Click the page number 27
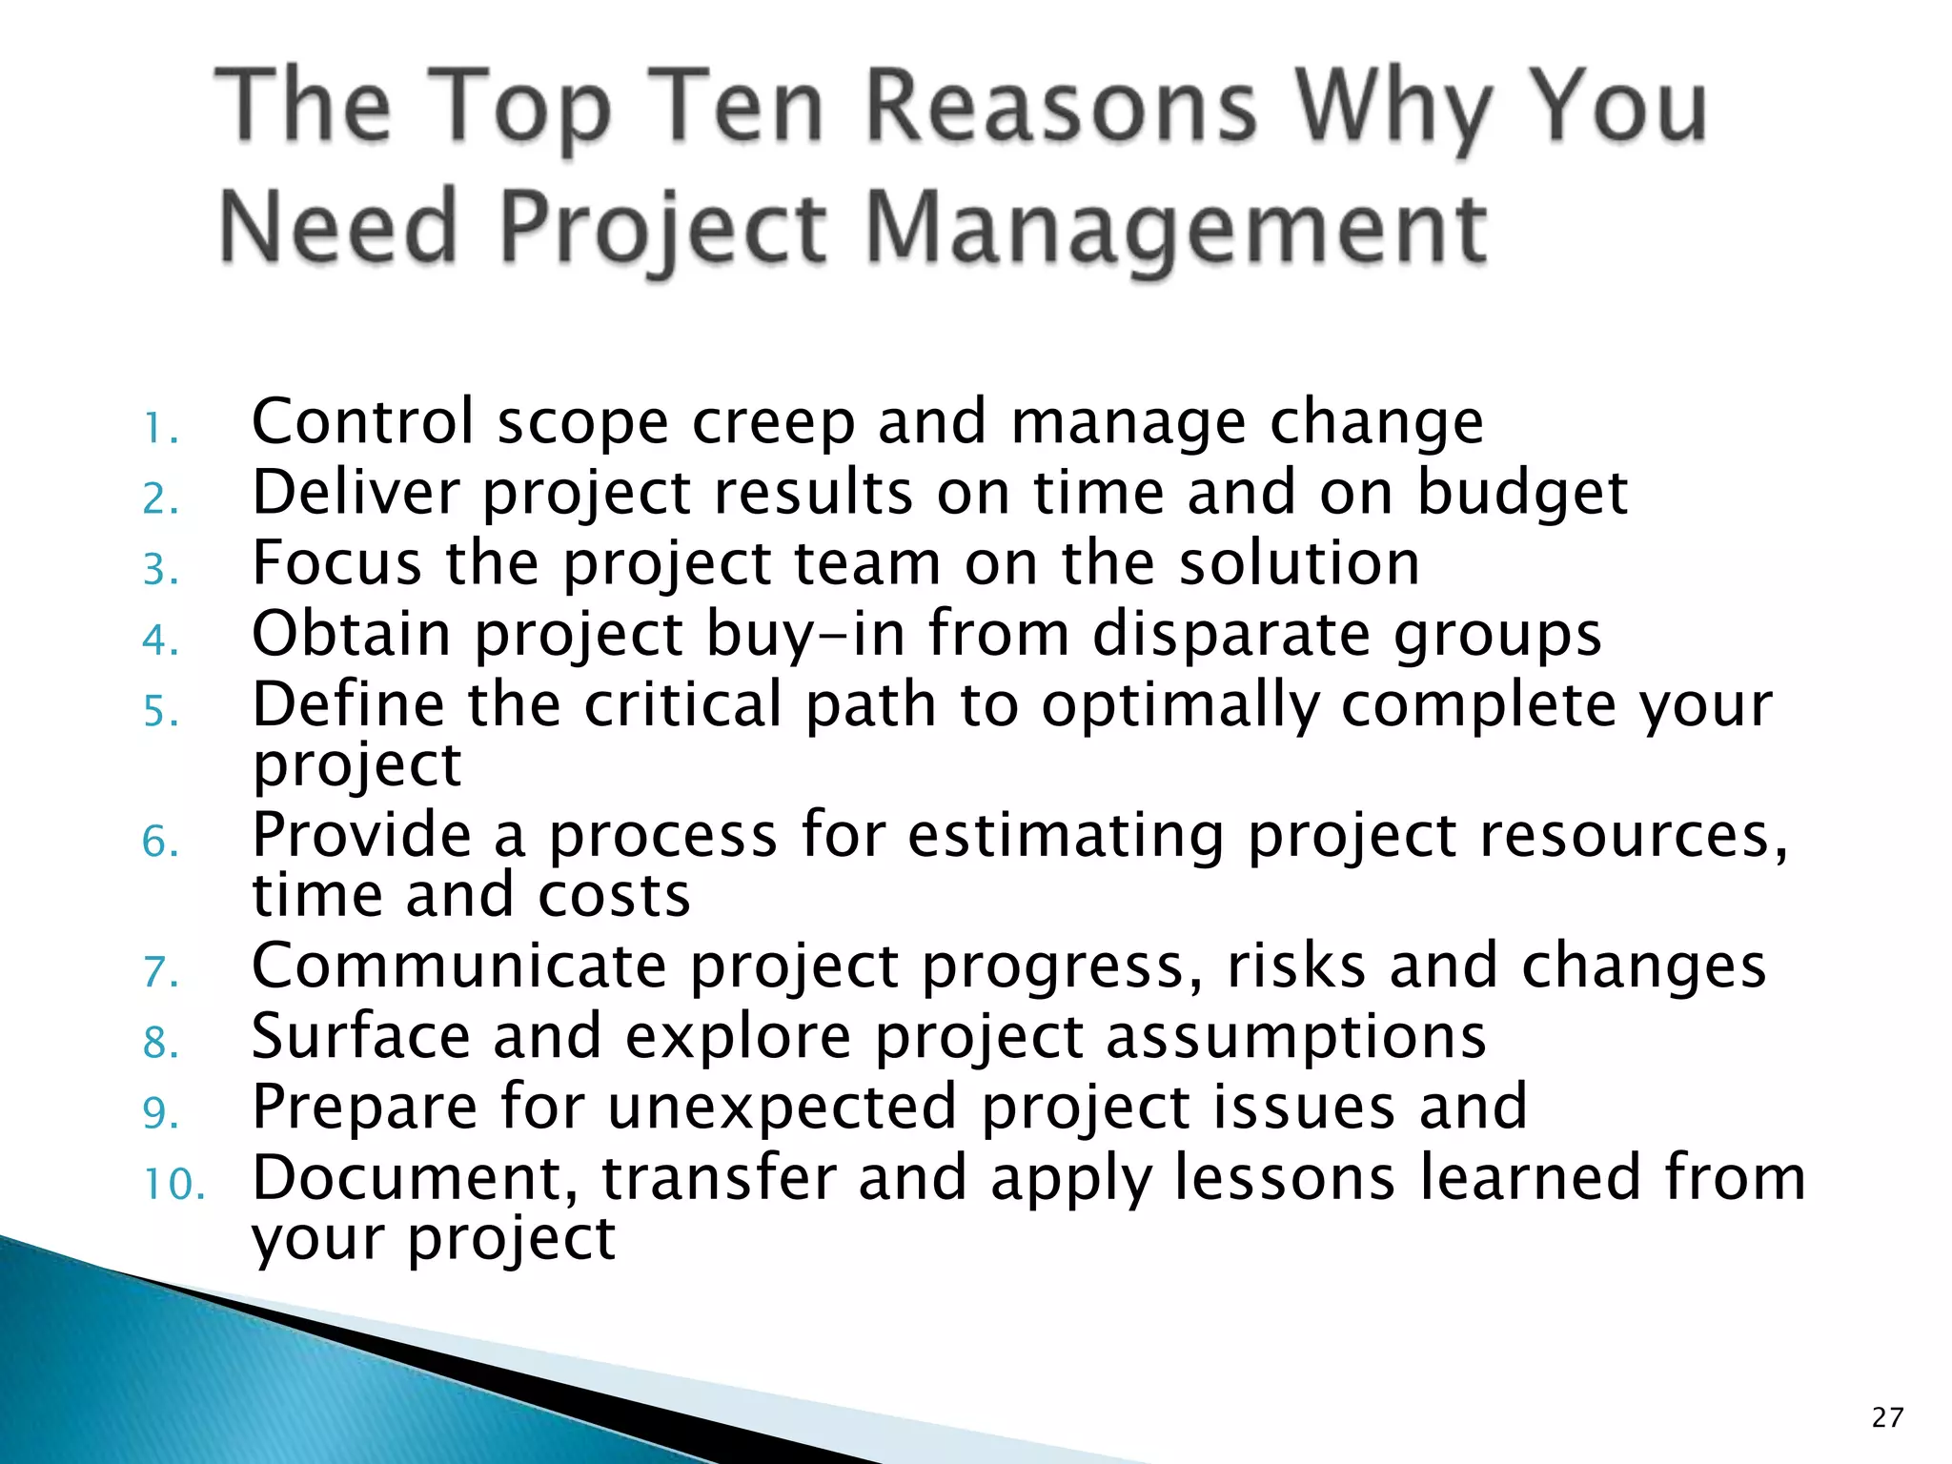coord(1887,1417)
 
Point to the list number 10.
coord(174,1184)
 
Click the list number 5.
coord(160,711)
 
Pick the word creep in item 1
coord(772,423)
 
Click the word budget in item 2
coord(1522,494)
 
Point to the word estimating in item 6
coord(1066,835)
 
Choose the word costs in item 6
coord(614,895)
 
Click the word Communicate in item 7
coord(458,966)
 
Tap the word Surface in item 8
coord(360,1036)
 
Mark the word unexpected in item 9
coord(782,1108)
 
